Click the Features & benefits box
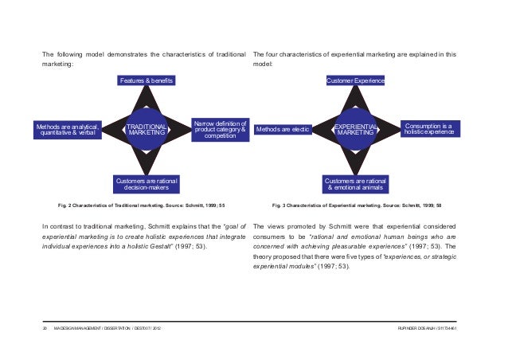[147, 81]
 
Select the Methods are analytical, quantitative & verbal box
[67, 130]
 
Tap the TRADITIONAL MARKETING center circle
[147, 130]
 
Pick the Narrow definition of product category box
[221, 130]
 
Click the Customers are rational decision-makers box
[147, 184]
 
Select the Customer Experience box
[356, 81]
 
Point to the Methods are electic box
[283, 130]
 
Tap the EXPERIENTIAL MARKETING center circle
[356, 130]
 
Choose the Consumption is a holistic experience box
[428, 129]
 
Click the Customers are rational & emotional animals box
[356, 184]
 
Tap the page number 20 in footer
[45, 328]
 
